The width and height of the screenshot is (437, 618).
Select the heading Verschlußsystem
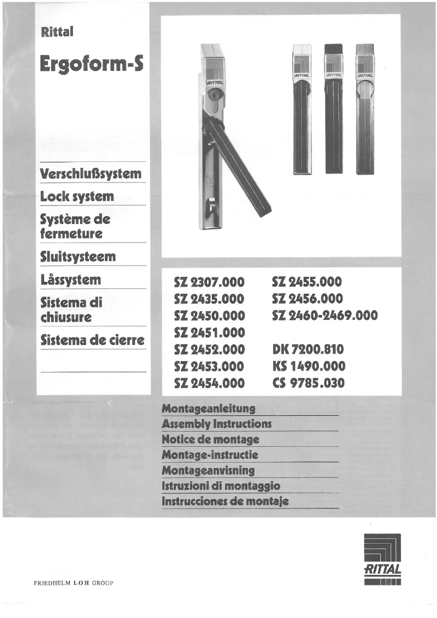pos(91,174)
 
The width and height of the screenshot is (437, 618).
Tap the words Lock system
pos(77,197)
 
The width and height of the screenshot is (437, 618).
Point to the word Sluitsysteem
pos(78,257)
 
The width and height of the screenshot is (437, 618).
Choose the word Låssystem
pos(71,280)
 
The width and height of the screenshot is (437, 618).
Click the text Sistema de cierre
pos(93,341)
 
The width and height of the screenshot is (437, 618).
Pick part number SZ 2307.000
pos(209,282)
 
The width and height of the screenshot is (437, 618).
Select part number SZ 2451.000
pos(209,332)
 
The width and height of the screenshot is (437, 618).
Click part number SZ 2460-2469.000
pos(324,316)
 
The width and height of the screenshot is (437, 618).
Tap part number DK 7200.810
pos(308,349)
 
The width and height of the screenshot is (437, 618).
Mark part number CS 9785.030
pos(308,383)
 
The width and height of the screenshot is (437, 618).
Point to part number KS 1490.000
pos(308,366)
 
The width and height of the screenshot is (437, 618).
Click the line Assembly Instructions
pos(217,424)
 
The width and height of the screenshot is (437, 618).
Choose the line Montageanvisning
pos(208,470)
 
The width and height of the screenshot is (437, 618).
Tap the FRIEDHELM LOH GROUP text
pos(73,583)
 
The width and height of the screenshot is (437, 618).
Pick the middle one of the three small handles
pos(333,109)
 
